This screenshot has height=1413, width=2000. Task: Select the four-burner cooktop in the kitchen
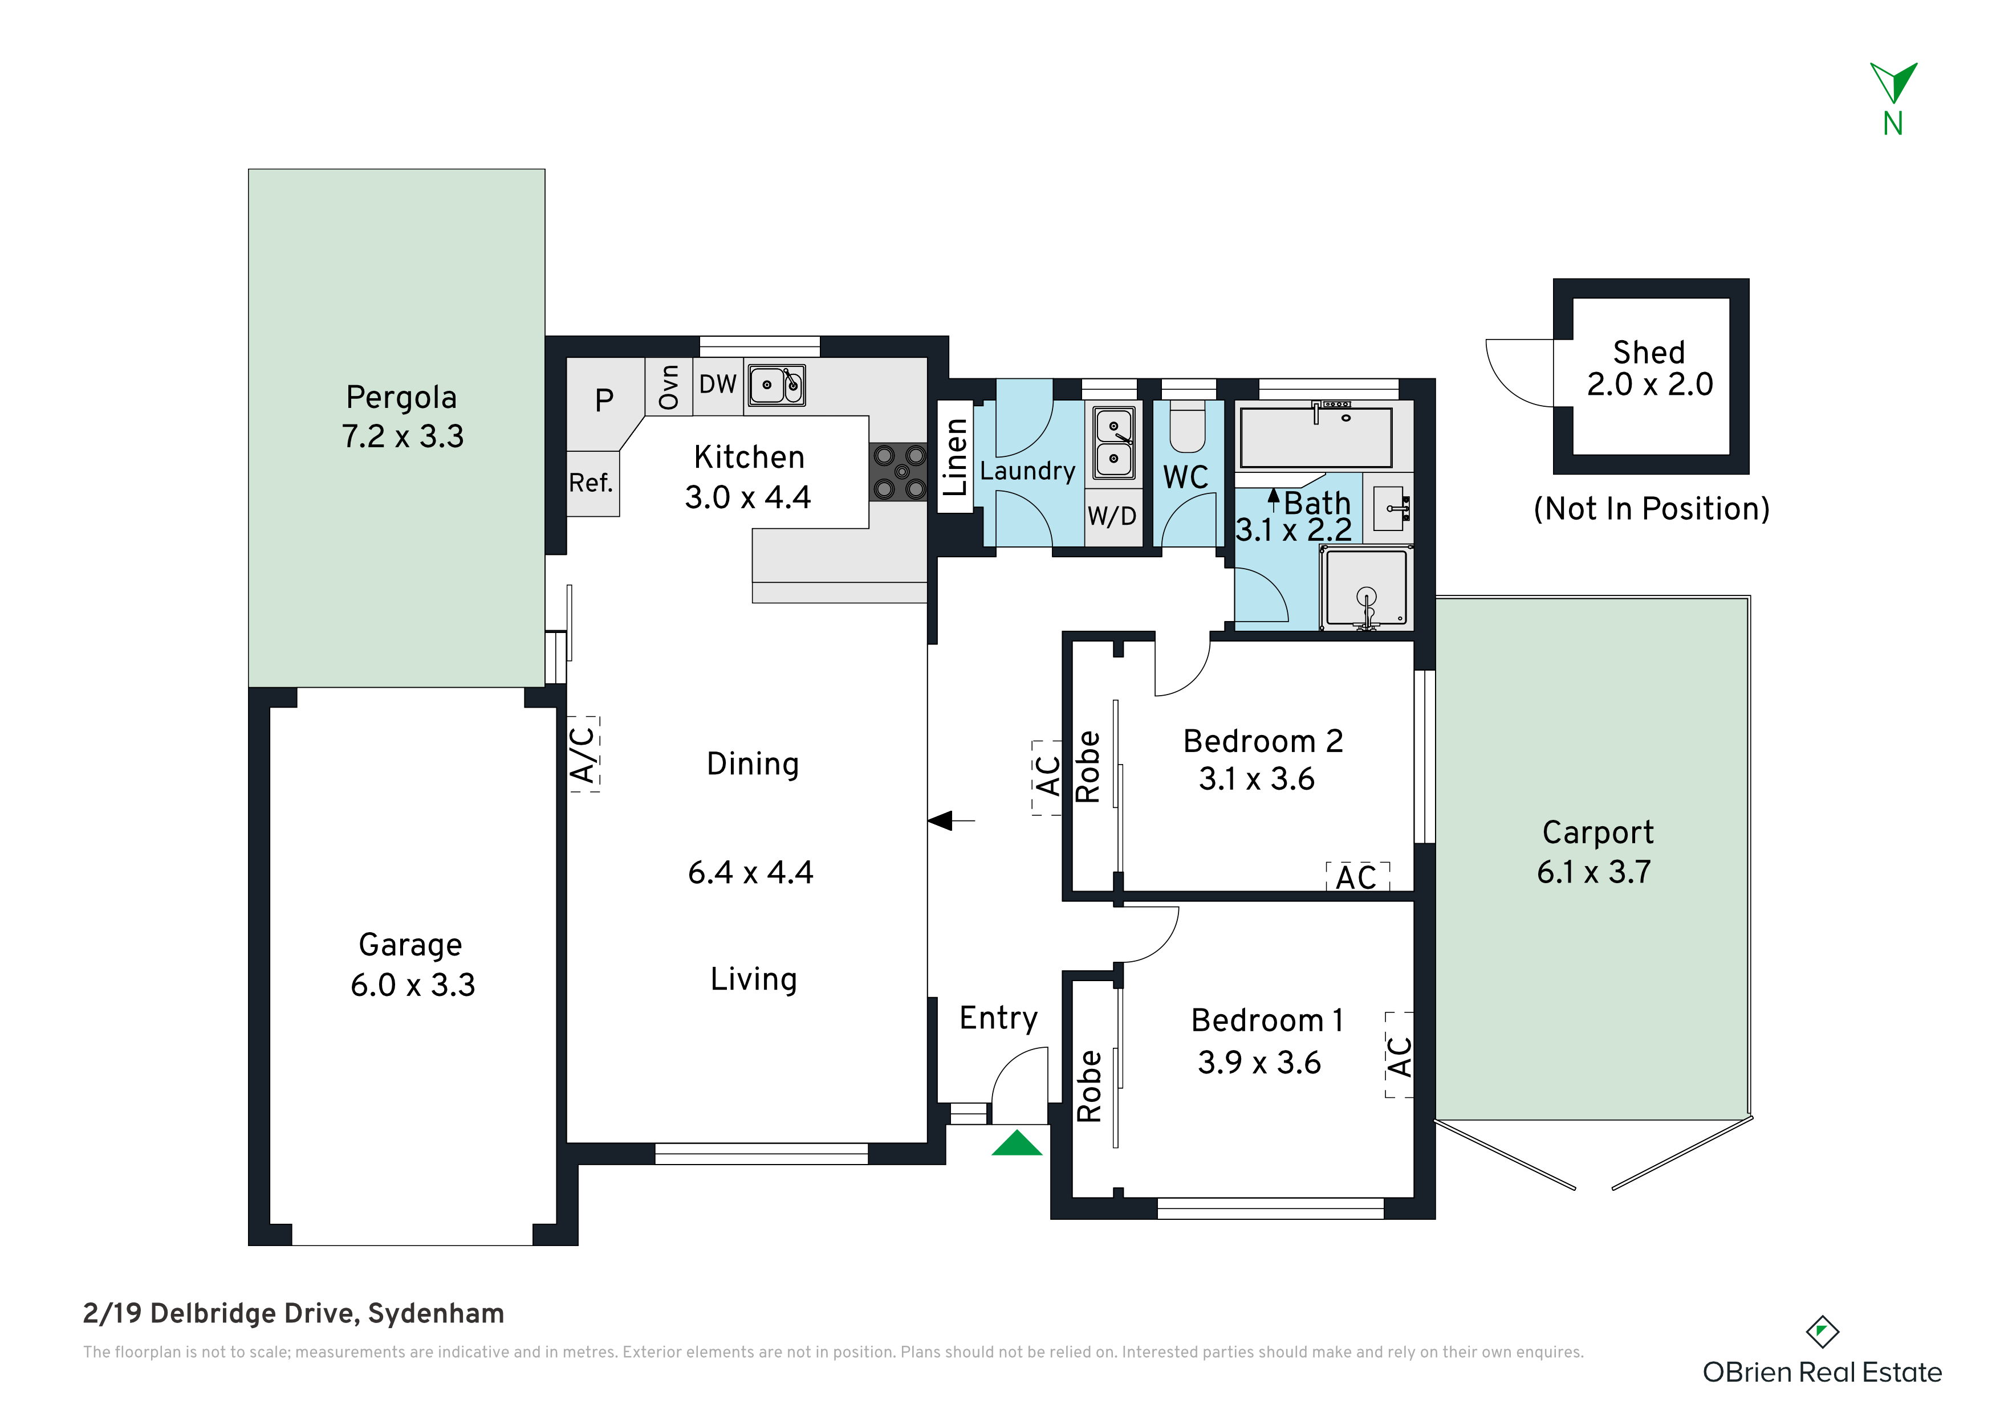899,471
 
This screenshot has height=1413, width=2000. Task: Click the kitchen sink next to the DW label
776,385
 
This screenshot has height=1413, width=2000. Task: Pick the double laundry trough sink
1114,442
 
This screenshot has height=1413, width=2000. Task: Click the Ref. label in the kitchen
591,483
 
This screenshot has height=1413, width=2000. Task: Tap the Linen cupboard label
956,457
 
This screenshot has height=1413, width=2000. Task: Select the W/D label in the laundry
1112,516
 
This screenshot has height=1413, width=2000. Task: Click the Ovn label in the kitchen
668,386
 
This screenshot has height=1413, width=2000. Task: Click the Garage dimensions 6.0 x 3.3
413,985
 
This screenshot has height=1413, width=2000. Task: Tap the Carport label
1597,833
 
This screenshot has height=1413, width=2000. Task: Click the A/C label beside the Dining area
584,754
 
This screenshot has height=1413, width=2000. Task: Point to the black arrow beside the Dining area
951,820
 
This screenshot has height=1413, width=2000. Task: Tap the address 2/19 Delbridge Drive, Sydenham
294,1313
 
